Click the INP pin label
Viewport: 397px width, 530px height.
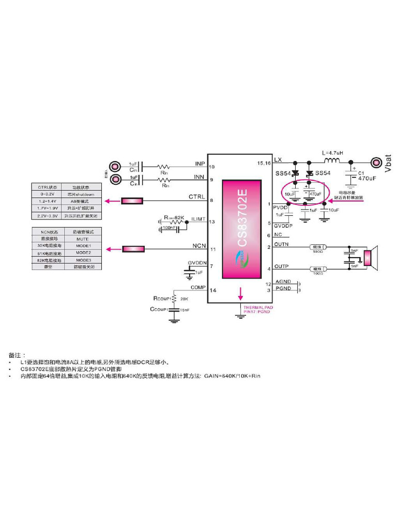[x=200, y=164]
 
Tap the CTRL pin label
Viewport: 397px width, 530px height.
[x=197, y=197]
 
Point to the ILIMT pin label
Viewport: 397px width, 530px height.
[x=199, y=219]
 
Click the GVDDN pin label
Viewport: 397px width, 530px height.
[x=197, y=263]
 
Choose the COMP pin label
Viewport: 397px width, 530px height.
[x=198, y=287]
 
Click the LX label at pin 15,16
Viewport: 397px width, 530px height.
[x=278, y=159]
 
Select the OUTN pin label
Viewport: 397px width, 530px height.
[x=281, y=244]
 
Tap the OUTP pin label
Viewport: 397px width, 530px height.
[x=281, y=266]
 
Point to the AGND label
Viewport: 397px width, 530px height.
[x=283, y=282]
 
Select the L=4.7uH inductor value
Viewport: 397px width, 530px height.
[x=333, y=153]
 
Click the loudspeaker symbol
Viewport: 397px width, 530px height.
[x=369, y=257]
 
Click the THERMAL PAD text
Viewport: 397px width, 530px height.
[x=258, y=307]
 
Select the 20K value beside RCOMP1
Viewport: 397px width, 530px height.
[x=184, y=299]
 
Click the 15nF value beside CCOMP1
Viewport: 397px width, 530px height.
[x=185, y=310]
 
